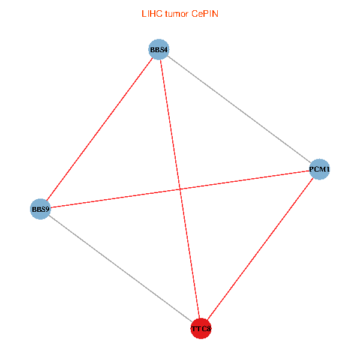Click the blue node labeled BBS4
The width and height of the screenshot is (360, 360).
pos(159,49)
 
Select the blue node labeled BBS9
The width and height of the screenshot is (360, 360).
pos(40,209)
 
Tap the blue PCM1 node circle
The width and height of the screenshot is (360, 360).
pos(319,170)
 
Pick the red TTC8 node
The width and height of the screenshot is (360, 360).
pos(201,329)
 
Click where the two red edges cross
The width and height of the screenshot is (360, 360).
pos(181,190)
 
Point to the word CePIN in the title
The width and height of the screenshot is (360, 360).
pos(205,14)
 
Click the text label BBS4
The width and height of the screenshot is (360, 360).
pos(159,49)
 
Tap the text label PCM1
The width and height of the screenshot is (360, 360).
pos(320,170)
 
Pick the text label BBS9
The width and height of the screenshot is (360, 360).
pos(40,209)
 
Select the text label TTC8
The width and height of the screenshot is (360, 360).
pos(202,329)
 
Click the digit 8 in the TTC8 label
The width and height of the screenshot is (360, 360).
pos(209,329)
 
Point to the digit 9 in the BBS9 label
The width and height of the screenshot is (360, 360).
pos(47,209)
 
